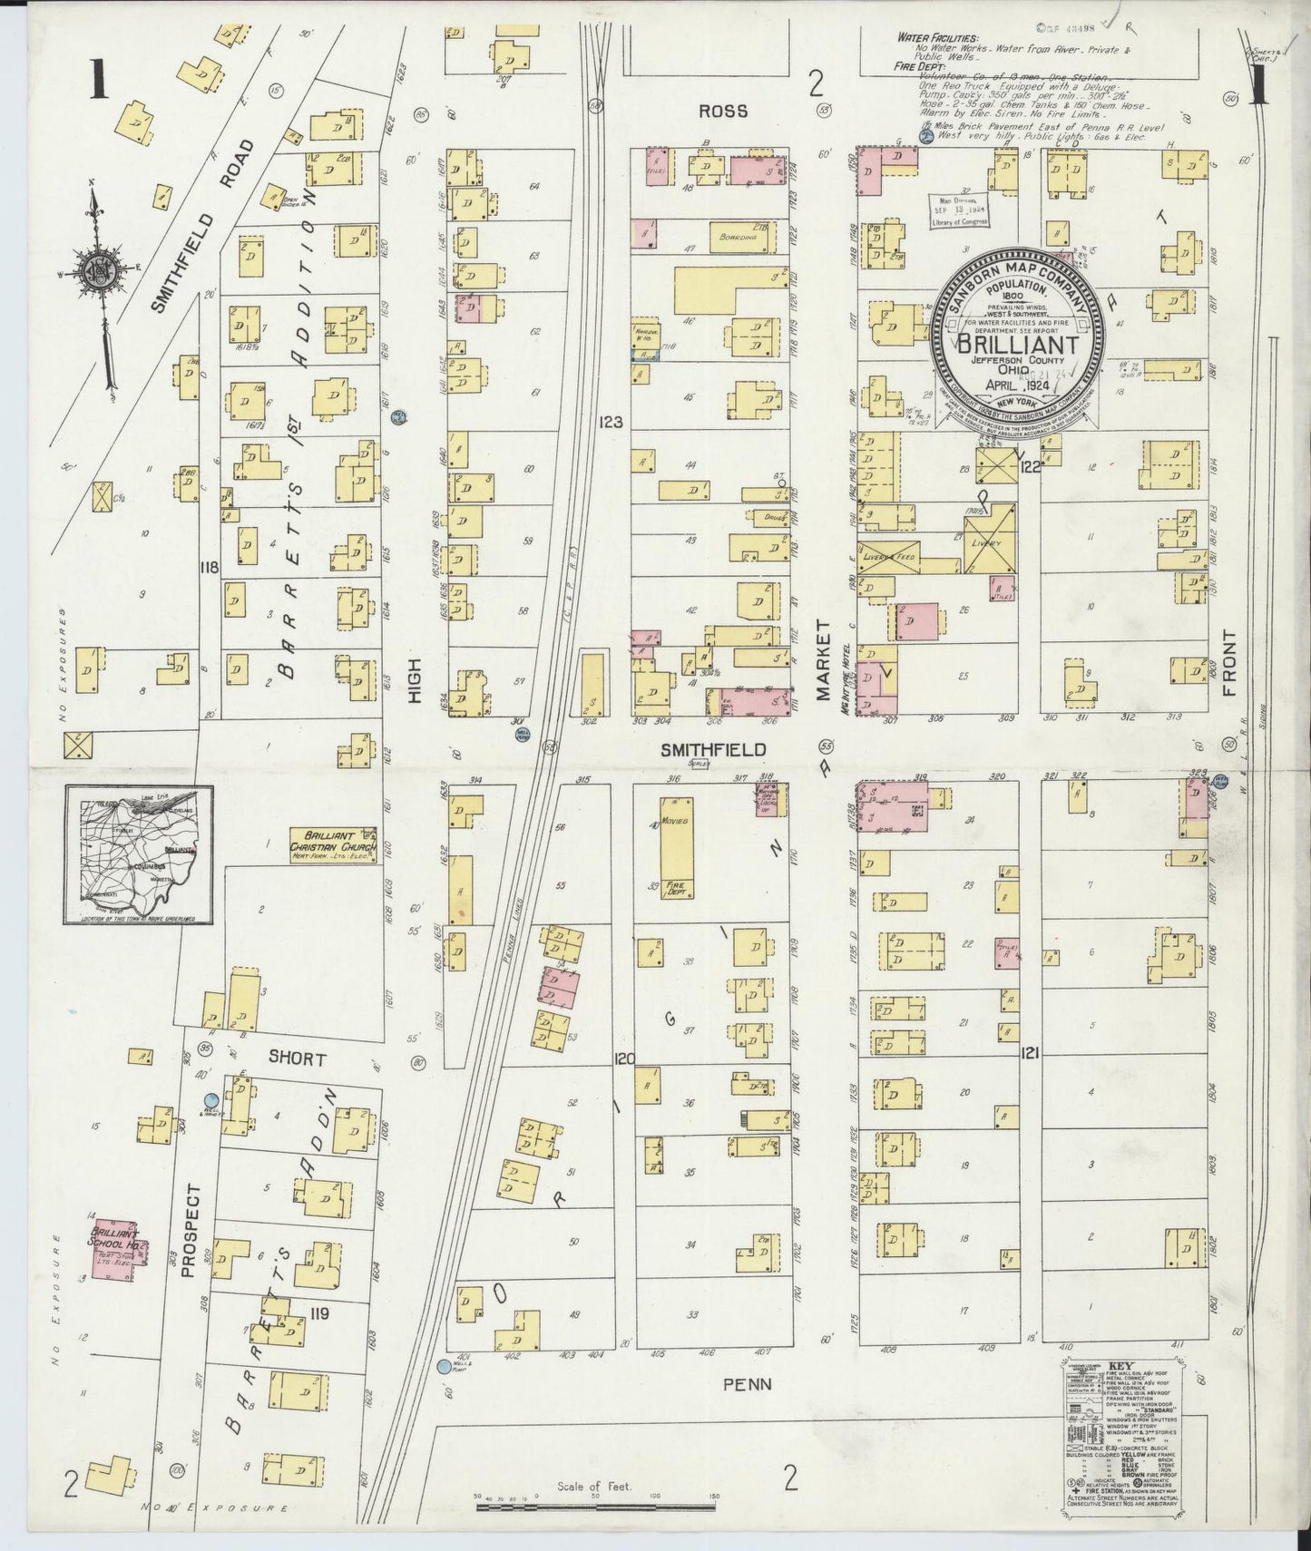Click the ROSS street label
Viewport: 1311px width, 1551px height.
click(x=723, y=111)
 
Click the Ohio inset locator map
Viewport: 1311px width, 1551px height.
click(x=139, y=854)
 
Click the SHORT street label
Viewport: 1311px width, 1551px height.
click(x=297, y=1058)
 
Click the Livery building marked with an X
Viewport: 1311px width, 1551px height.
click(x=990, y=539)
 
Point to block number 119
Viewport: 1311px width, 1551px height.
click(x=318, y=1312)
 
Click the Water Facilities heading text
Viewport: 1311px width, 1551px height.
click(x=937, y=38)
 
